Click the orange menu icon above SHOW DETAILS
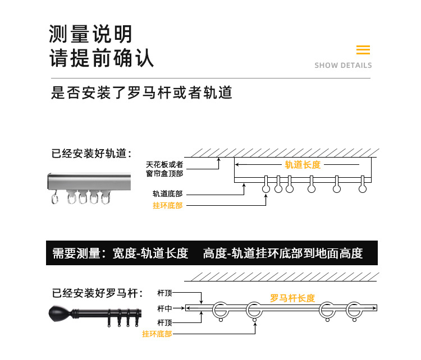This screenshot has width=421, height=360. click(363, 50)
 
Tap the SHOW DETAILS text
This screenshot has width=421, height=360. click(343, 66)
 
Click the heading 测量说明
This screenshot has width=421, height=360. click(91, 34)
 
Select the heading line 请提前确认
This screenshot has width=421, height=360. click(102, 59)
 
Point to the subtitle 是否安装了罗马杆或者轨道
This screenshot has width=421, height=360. click(141, 93)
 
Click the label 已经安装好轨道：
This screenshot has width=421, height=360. click(91, 153)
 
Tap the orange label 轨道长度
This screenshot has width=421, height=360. click(302, 164)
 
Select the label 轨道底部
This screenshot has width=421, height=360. click(167, 194)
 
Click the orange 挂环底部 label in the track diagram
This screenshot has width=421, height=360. click(167, 206)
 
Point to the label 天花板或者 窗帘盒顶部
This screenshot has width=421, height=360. click(164, 169)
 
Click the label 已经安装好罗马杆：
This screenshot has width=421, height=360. click(98, 293)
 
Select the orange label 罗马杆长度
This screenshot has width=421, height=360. click(292, 298)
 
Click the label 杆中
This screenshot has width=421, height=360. click(164, 308)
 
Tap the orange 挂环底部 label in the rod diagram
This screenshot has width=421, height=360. click(157, 334)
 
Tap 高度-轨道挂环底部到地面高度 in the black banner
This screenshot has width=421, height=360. click(283, 253)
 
